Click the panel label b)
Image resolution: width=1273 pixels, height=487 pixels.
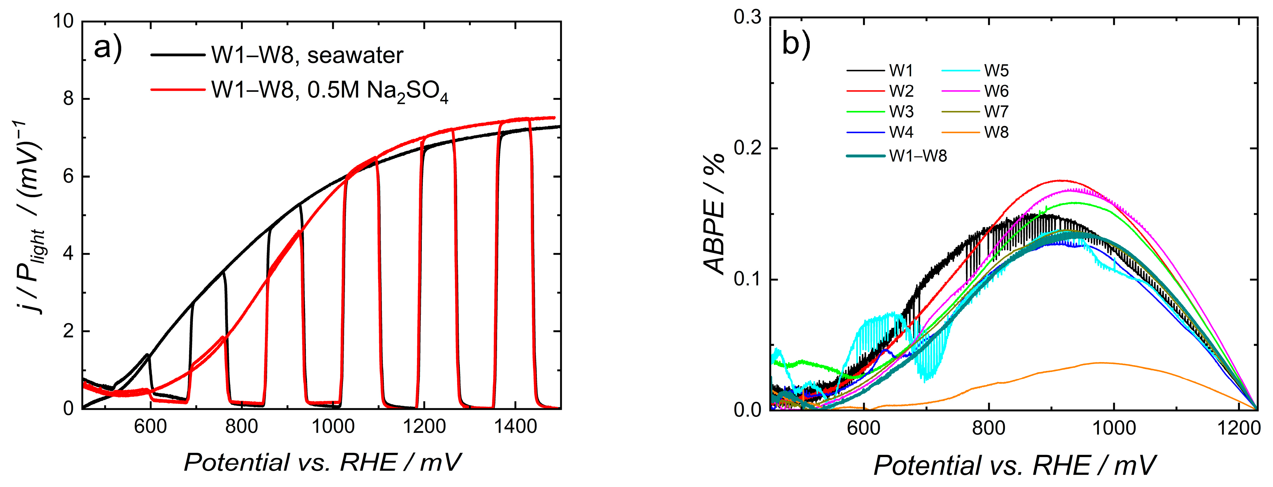pyautogui.click(x=796, y=44)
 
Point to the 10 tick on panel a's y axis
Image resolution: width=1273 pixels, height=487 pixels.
pyautogui.click(x=63, y=21)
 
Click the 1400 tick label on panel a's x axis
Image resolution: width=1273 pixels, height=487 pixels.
pyautogui.click(x=516, y=426)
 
